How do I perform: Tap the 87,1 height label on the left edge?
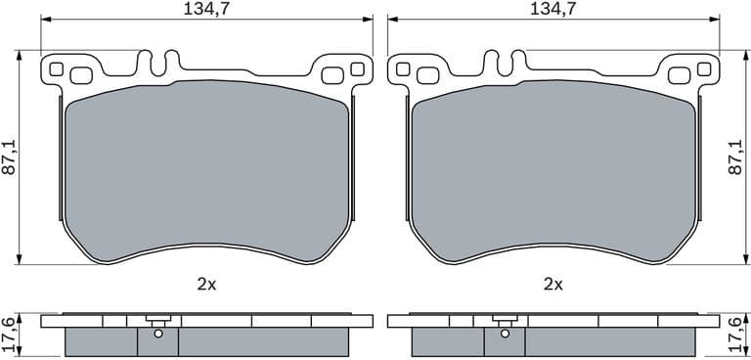click(x=9, y=157)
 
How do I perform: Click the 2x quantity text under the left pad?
click(x=206, y=285)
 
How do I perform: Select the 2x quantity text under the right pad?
click(x=553, y=285)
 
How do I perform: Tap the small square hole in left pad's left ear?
click(x=56, y=69)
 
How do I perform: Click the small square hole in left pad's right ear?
click(x=357, y=69)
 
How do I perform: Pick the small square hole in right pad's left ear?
click(x=403, y=69)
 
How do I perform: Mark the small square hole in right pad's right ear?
click(x=704, y=69)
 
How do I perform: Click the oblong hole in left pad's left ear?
click(x=80, y=74)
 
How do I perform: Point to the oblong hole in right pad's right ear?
click(x=680, y=74)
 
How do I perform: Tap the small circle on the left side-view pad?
click(x=157, y=335)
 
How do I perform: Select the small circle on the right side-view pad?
click(x=505, y=335)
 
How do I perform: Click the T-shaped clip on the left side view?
click(x=156, y=321)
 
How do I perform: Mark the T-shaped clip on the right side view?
click(x=504, y=321)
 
